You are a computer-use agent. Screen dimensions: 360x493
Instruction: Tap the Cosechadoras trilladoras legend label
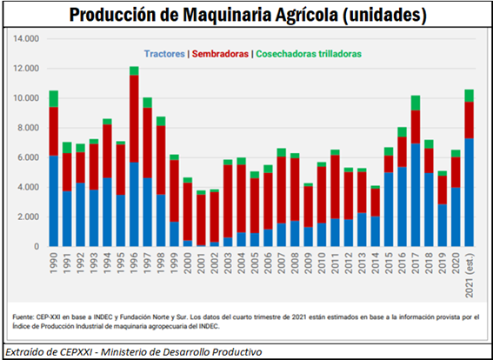click(309, 54)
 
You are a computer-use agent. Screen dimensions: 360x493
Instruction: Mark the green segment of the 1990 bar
click(54, 98)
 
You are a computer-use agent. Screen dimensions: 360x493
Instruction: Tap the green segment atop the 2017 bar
click(416, 103)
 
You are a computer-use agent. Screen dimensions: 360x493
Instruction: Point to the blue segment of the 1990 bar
click(54, 200)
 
